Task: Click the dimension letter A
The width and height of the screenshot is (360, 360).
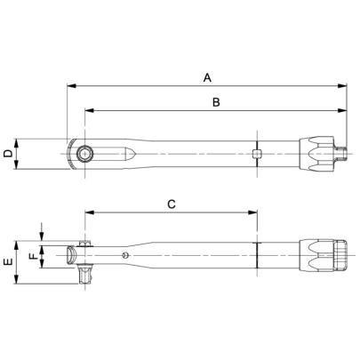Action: (x=207, y=78)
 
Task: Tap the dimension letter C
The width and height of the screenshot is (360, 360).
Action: (x=172, y=204)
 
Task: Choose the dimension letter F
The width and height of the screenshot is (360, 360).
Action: (x=35, y=258)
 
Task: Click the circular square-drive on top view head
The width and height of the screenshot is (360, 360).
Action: (x=84, y=154)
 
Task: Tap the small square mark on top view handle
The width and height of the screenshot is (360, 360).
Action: (x=256, y=154)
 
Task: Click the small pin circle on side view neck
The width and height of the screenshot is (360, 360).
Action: (x=127, y=256)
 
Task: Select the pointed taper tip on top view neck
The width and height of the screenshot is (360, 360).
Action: (x=132, y=154)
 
